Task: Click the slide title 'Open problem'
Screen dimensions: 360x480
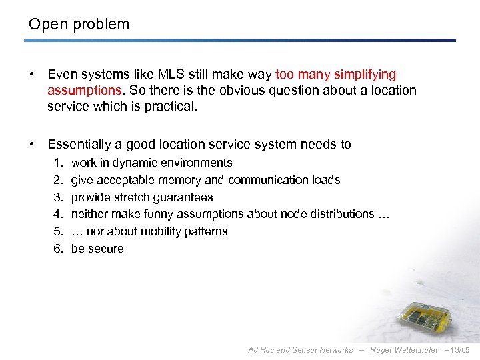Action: coord(79,25)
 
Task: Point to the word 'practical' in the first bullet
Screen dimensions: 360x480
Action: coord(169,106)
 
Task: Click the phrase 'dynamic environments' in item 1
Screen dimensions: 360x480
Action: coord(172,163)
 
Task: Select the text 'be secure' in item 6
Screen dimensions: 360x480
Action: coord(97,249)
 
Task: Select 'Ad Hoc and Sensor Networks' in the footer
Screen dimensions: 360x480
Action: coord(300,350)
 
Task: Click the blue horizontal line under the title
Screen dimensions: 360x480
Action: coord(240,41)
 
